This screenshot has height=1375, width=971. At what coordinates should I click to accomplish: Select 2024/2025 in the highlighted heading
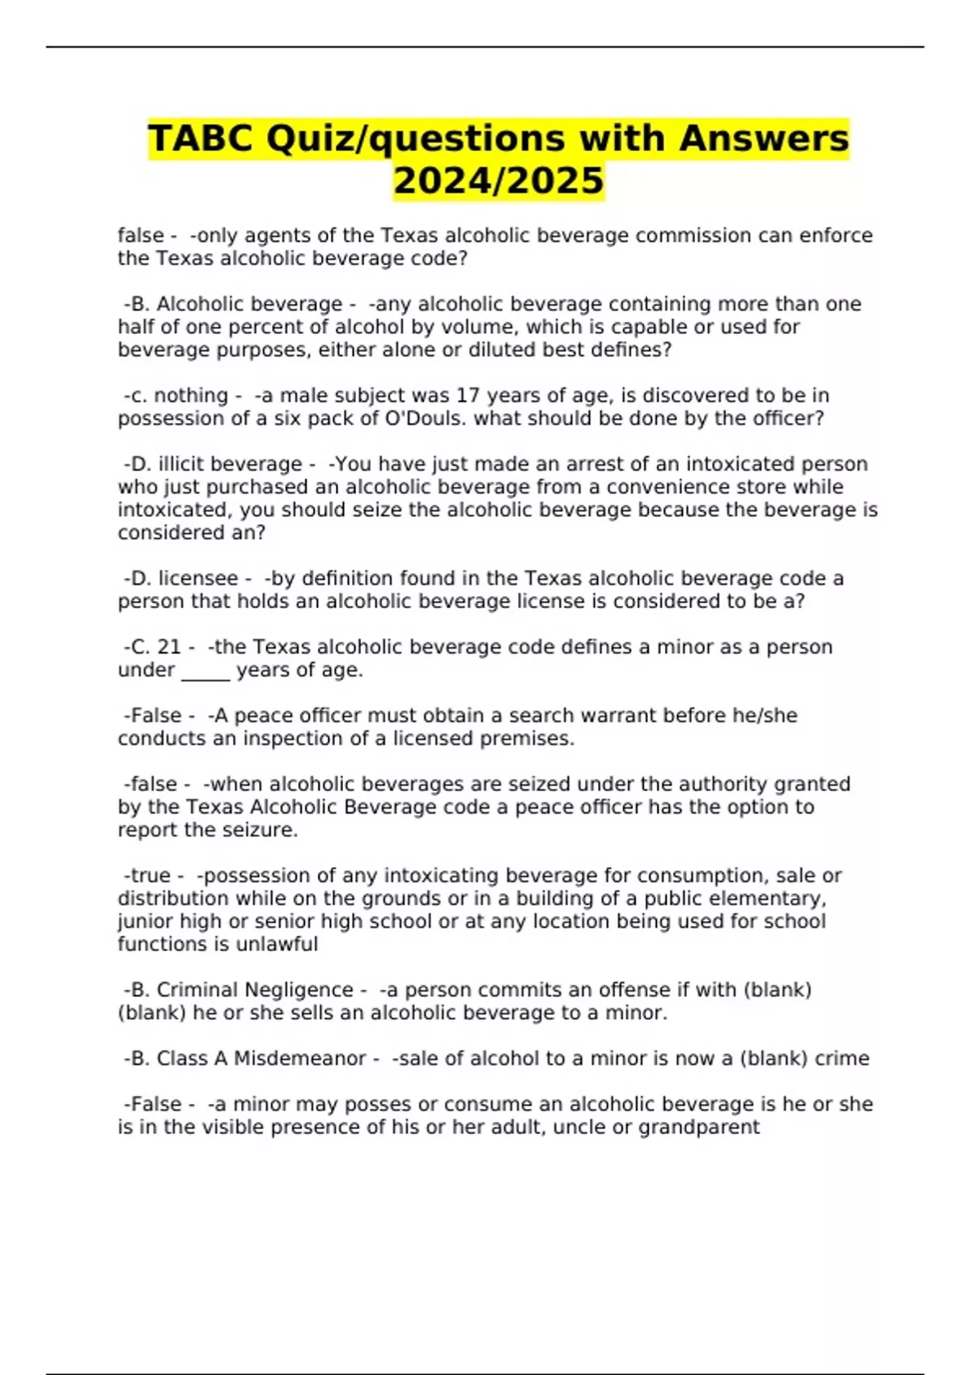tap(498, 180)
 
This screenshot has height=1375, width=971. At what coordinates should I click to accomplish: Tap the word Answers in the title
tap(764, 138)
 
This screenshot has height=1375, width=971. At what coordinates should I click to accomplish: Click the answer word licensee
tap(198, 578)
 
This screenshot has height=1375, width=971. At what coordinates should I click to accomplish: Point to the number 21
tap(169, 647)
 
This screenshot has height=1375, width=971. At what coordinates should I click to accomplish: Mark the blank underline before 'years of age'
tap(206, 671)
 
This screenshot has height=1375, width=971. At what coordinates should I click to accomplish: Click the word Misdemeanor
tap(300, 1059)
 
